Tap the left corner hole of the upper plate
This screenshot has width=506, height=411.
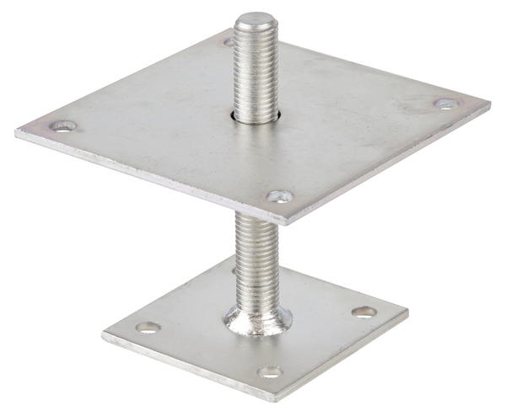(x=63, y=126)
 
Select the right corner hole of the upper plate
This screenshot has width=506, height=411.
(x=446, y=104)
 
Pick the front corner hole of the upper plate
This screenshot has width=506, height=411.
(x=280, y=196)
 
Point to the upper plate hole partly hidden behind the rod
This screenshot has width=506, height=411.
(x=229, y=40)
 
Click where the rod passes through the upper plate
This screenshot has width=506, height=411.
(x=255, y=115)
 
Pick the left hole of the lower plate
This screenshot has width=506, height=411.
(x=148, y=327)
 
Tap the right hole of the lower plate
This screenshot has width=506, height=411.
(x=363, y=312)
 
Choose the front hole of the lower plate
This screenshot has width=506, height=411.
(x=270, y=371)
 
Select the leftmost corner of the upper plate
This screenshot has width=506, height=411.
(x=17, y=131)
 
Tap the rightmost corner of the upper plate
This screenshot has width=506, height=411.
(x=489, y=104)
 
